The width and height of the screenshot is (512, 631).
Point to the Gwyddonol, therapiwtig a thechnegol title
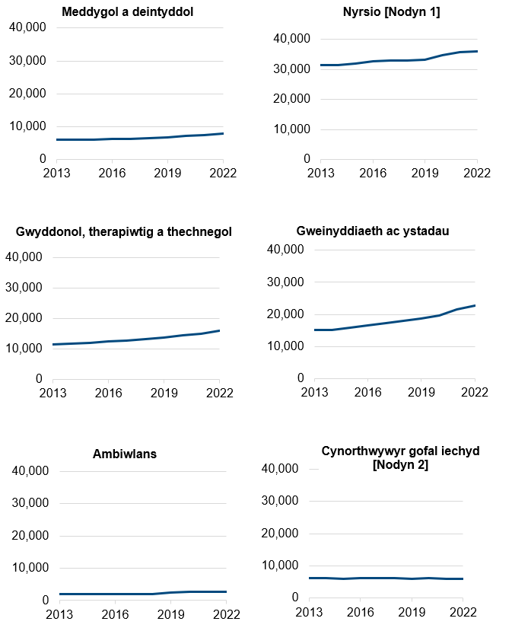coord(123,231)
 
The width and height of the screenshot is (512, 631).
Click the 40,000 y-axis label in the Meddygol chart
coord(28,27)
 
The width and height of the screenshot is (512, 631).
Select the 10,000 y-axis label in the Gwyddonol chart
coord(26,349)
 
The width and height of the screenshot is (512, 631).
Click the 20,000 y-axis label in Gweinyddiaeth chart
coord(285,314)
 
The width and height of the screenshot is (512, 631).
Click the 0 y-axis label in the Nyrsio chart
coord(307,159)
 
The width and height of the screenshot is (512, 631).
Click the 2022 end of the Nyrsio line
coord(477,51)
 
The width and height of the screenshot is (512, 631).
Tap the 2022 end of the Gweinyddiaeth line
coord(475,305)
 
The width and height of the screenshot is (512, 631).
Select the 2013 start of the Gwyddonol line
coord(53,345)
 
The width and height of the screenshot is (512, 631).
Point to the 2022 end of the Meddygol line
coord(223,133)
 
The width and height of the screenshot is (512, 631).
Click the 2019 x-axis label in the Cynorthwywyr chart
coord(412,612)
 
